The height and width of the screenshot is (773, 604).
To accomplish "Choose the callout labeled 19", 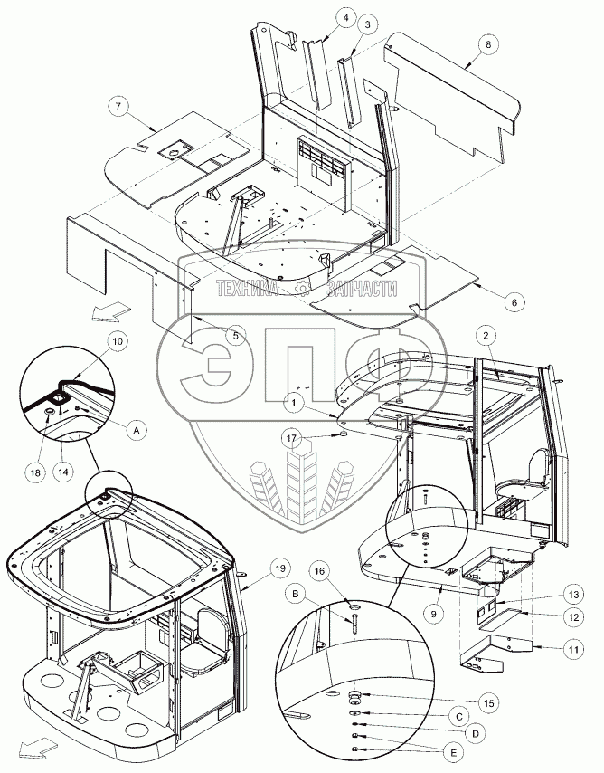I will coord(280,568).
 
